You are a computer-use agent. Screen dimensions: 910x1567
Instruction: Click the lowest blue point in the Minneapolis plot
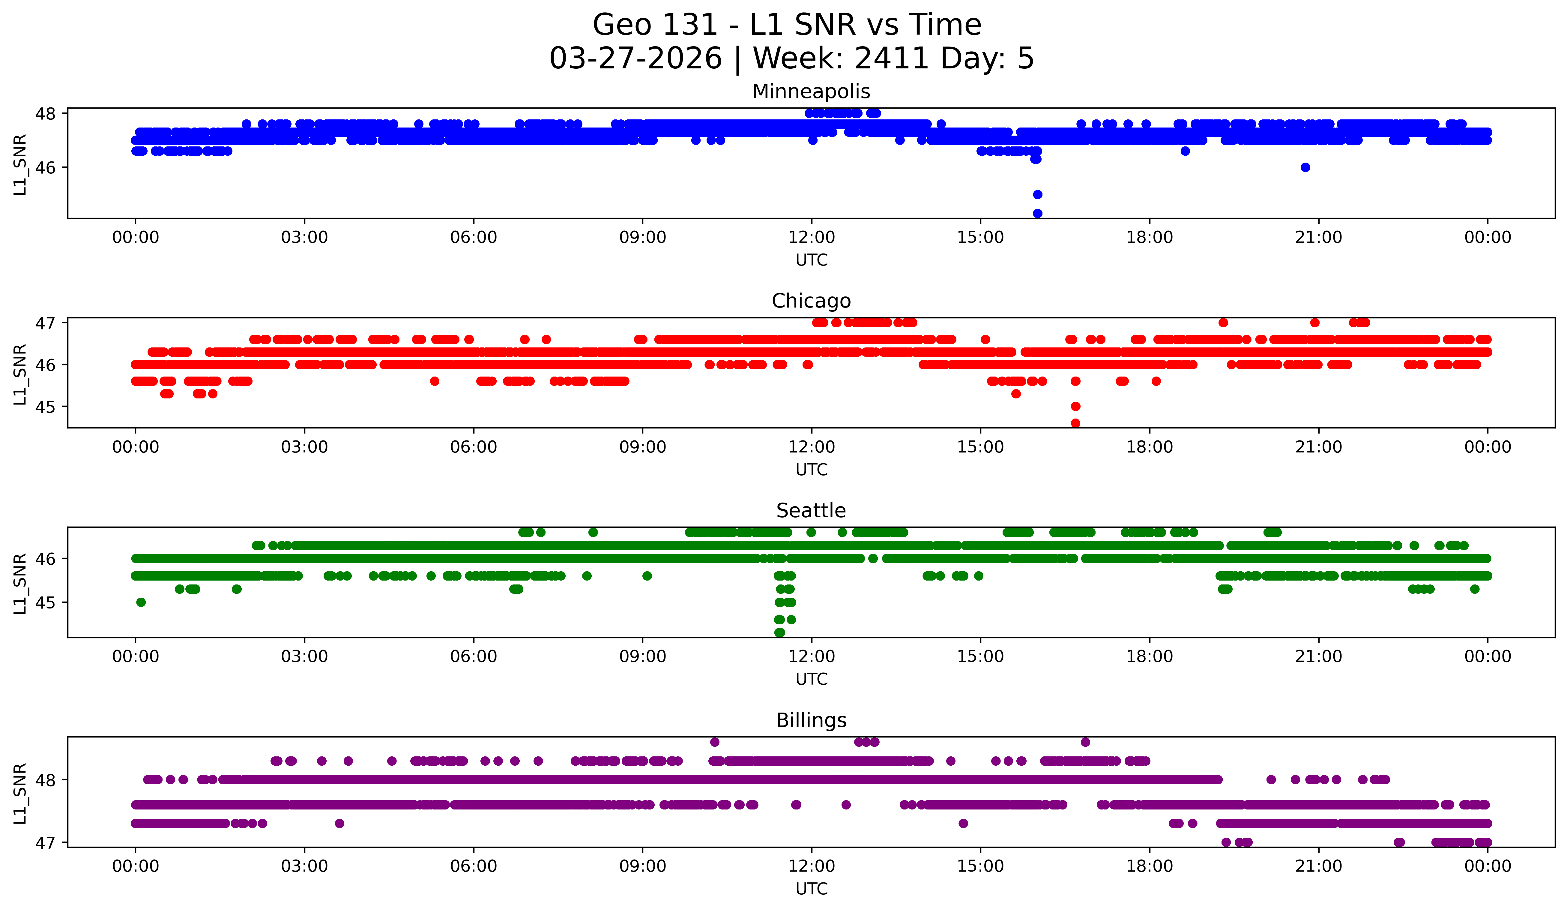(x=1037, y=213)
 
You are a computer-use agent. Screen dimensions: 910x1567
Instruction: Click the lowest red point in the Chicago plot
(x=1075, y=423)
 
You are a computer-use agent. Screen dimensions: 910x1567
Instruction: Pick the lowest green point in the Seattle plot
(x=779, y=632)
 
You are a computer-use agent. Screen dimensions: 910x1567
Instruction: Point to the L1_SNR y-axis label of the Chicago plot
(x=20, y=374)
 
